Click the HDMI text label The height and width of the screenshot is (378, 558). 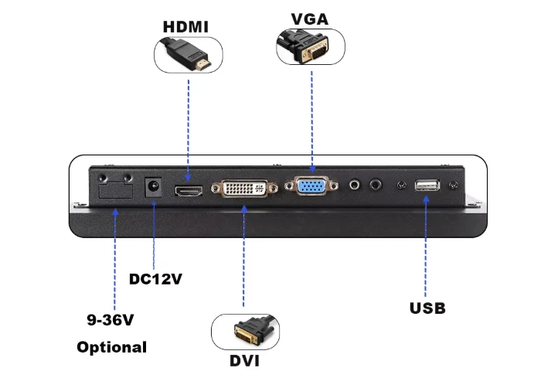(x=185, y=27)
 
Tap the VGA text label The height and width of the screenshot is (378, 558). (x=310, y=19)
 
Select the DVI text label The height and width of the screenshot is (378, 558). (x=244, y=361)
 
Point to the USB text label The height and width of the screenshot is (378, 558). (x=427, y=308)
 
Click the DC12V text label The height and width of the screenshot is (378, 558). (x=155, y=279)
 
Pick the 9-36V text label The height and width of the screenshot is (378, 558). (x=111, y=319)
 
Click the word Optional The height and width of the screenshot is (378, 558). (x=112, y=347)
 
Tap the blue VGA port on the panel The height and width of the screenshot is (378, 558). (x=311, y=186)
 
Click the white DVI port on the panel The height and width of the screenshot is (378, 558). (x=244, y=189)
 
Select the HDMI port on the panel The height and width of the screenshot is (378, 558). (x=189, y=191)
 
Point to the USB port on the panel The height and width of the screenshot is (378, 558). (x=427, y=186)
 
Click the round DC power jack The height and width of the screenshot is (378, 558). (x=153, y=187)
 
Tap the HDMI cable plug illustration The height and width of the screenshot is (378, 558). (x=186, y=54)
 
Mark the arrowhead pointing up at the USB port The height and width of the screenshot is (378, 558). (x=426, y=199)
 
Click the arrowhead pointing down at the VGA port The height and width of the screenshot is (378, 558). (x=312, y=169)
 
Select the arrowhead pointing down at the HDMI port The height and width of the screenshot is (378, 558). (x=189, y=177)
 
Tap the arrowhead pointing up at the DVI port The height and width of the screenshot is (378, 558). (x=244, y=209)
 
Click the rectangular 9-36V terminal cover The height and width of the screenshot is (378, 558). (x=116, y=190)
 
